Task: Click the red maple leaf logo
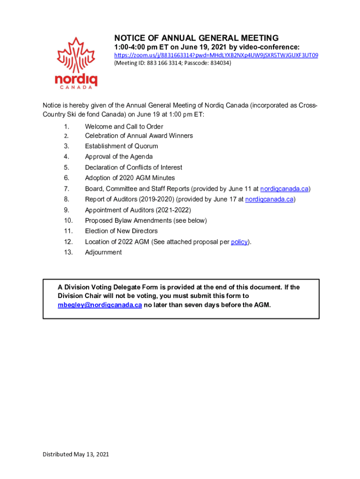[x=76, y=56]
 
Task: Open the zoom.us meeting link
[x=216, y=55]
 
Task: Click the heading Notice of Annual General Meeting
[x=196, y=38]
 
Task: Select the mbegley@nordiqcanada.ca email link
[x=100, y=305]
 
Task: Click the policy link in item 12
[x=239, y=242]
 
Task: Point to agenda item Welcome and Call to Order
[x=124, y=126]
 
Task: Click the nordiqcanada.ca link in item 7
[x=284, y=189]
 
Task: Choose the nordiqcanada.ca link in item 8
[x=269, y=199]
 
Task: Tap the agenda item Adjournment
[x=103, y=253]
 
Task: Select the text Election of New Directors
[x=121, y=231]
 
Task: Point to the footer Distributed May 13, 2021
[x=76, y=454]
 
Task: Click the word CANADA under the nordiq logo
[x=76, y=87]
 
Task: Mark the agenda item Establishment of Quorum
[x=121, y=146]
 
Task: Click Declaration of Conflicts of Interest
[x=133, y=167]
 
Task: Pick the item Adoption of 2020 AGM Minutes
[x=130, y=178]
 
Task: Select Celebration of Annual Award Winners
[x=139, y=136]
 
